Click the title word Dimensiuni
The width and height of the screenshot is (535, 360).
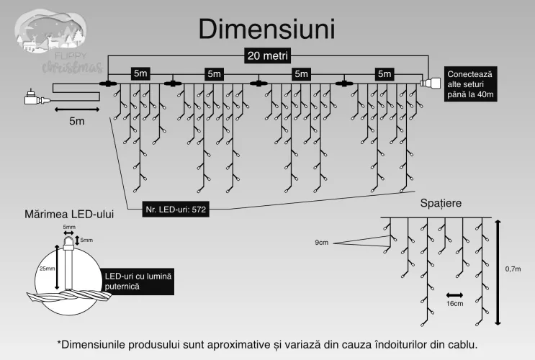[266, 29]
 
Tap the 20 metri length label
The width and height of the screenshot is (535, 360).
[266, 55]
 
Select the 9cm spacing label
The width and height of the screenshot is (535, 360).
[322, 243]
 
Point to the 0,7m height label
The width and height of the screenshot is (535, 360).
[513, 269]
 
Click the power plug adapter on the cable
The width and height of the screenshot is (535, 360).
[33, 96]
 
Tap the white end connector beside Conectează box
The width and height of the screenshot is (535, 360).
[431, 84]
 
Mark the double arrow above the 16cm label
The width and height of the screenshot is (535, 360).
[454, 294]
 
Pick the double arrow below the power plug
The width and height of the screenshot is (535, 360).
[71, 109]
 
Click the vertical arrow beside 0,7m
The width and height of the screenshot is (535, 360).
[496, 271]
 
